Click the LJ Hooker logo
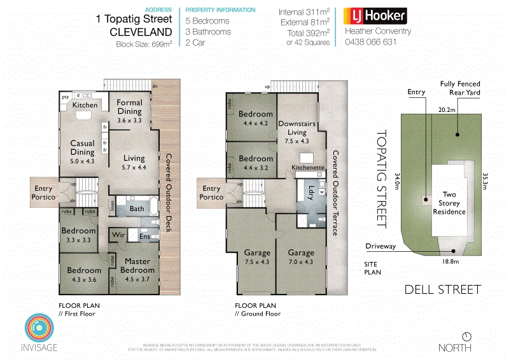coord(375,16)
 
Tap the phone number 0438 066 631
coord(370,42)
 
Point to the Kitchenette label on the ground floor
coord(309,167)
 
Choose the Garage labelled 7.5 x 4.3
coord(257,256)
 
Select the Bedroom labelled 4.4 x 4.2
coord(256,119)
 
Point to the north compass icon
coord(468,336)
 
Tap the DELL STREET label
coord(443,290)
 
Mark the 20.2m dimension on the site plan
coord(447,109)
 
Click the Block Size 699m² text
coord(143,45)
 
